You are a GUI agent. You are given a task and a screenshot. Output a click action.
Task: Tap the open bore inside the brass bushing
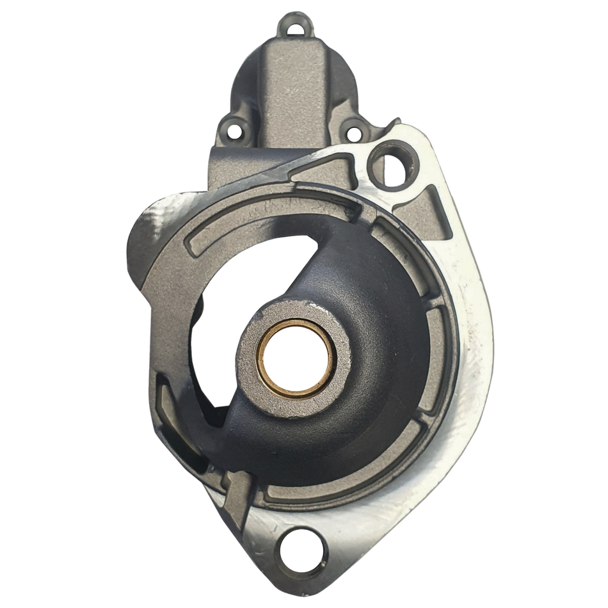click(295, 358)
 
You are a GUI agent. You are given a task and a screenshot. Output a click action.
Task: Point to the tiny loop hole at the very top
click(295, 28)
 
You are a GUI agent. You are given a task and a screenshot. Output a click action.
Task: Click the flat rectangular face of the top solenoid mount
click(295, 90)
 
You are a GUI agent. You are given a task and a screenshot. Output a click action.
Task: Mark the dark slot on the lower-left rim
click(182, 442)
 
